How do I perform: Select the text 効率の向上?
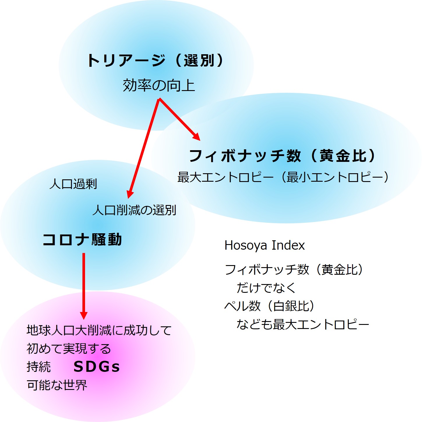point(159,85)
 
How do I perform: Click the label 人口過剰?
point(73,184)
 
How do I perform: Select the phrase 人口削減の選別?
point(134,210)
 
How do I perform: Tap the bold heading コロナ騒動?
point(82,240)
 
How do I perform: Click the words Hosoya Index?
point(264,245)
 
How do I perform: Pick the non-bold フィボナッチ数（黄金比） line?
point(294,269)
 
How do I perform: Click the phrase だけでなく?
point(266,288)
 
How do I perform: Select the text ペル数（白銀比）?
point(269,306)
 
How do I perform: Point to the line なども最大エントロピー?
point(303,324)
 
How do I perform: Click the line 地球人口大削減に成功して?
point(99,330)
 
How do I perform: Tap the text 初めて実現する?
point(69,349)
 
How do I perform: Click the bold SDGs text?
point(96,367)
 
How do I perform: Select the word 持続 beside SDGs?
point(38,367)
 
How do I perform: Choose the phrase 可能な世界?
point(57,385)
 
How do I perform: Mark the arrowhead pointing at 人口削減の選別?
point(130,195)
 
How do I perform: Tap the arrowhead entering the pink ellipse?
point(84,315)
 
